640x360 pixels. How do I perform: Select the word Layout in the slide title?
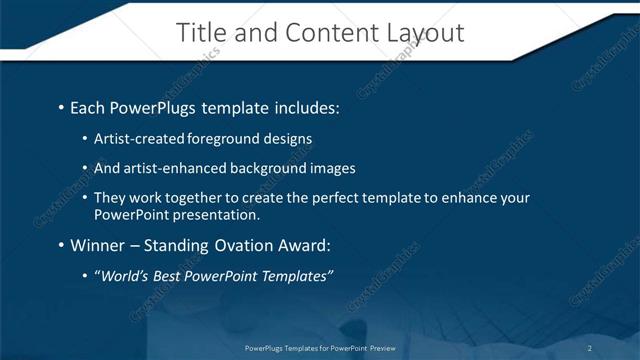[x=425, y=33]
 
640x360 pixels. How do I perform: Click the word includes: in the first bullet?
[x=302, y=107]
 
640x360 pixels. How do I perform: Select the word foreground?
[x=222, y=139]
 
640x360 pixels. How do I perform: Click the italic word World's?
[x=126, y=275]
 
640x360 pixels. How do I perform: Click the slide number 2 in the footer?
[x=590, y=348]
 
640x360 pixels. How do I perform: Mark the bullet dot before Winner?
[x=61, y=245]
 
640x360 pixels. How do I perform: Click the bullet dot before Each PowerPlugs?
[x=61, y=107]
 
